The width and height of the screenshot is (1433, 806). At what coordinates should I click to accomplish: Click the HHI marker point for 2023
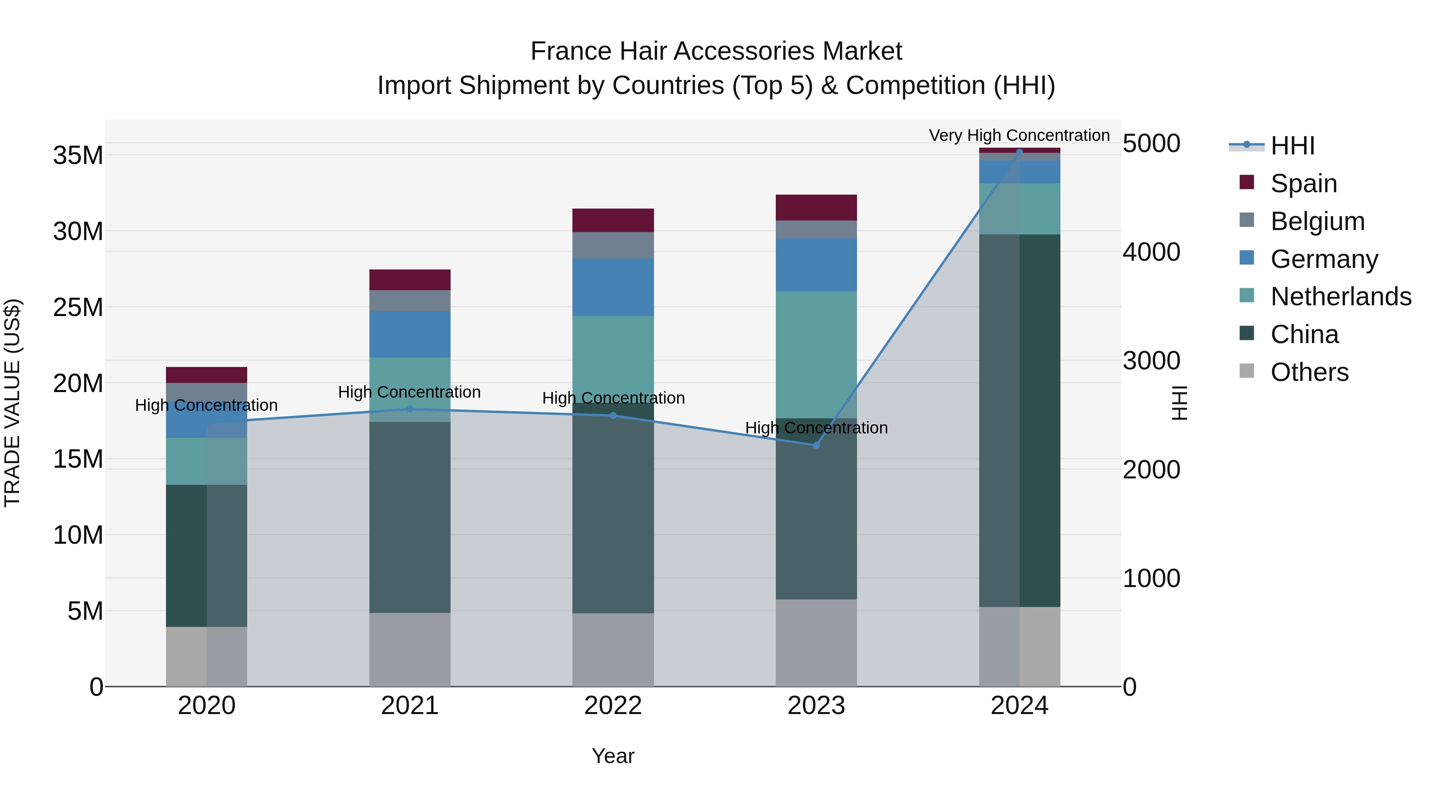pos(816,445)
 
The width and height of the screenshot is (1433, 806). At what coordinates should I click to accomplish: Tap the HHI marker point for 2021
pos(410,409)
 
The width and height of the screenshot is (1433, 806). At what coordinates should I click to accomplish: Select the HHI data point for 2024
pos(1019,151)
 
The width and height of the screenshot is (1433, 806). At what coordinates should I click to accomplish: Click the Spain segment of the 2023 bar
pos(816,207)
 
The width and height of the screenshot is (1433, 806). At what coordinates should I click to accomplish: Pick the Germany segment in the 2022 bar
pos(613,287)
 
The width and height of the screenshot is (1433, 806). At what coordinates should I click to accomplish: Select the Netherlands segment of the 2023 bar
pos(816,354)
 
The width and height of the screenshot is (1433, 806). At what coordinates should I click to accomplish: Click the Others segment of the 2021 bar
pos(410,649)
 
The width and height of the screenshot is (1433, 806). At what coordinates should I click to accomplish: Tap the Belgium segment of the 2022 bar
pos(613,245)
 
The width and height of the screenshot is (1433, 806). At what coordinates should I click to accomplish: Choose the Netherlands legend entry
pos(1341,297)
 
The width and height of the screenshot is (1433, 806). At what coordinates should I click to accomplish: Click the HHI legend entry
pos(1292,146)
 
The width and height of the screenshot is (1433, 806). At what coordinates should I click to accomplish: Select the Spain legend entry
pos(1303,183)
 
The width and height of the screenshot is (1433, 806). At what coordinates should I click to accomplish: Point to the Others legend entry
pos(1309,372)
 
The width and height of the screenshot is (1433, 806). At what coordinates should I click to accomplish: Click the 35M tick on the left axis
pos(78,155)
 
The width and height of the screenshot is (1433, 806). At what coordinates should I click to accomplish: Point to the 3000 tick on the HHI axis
pos(1151,361)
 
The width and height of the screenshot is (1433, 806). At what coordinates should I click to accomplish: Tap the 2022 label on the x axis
pos(613,706)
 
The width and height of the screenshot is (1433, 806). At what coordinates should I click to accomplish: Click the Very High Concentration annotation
pos(1019,135)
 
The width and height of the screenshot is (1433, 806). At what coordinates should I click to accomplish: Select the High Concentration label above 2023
pos(816,428)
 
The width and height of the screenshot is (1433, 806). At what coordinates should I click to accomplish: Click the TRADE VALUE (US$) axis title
pos(12,403)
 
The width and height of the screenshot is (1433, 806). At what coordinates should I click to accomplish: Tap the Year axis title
pos(613,756)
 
